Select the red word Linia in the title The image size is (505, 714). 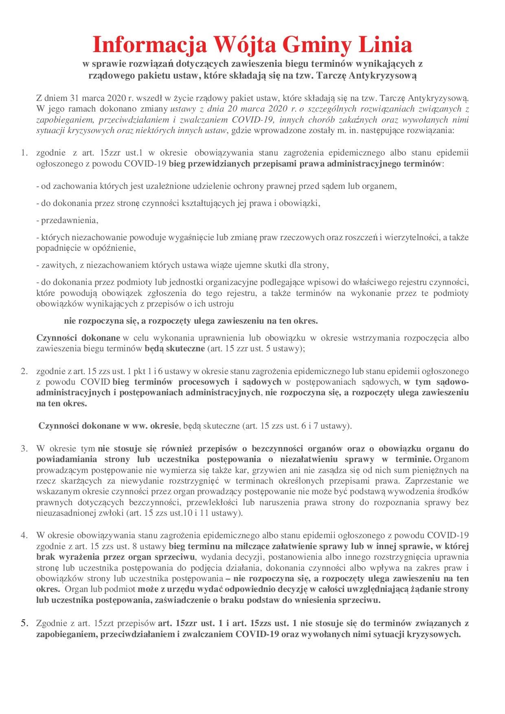(387, 45)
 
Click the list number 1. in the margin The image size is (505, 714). (24, 153)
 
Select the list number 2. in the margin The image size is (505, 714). (24, 371)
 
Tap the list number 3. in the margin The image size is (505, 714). (24, 449)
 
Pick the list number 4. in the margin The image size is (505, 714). (24, 534)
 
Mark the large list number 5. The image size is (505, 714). (25, 623)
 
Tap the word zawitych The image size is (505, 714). (57, 265)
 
